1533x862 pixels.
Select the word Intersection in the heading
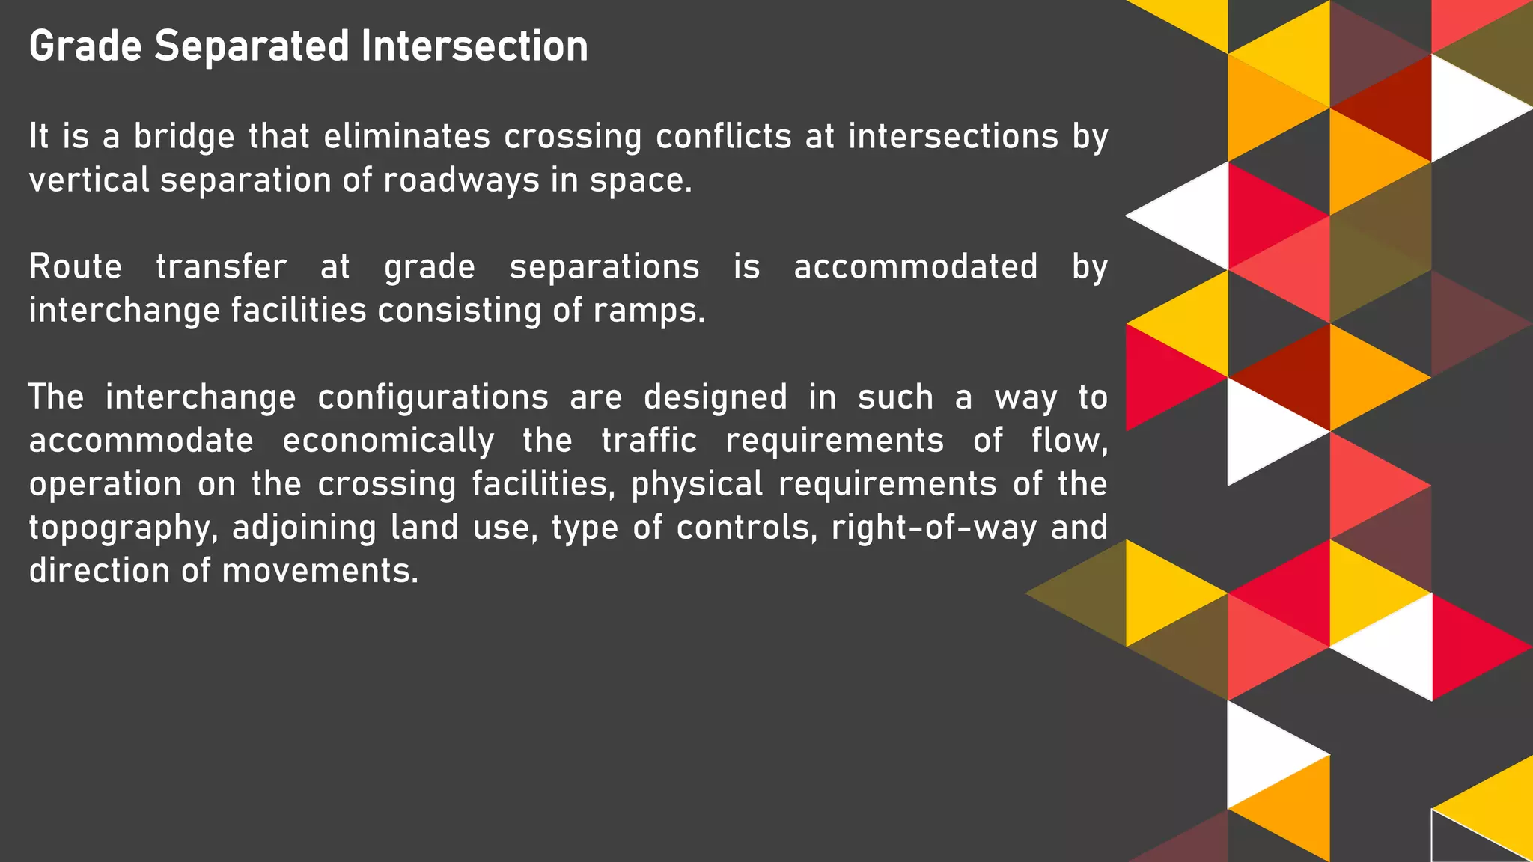click(x=475, y=46)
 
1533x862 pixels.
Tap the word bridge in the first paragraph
click(x=184, y=137)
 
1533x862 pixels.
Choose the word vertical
click(x=89, y=180)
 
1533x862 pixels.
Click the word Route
click(x=75, y=267)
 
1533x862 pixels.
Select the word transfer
click(x=221, y=267)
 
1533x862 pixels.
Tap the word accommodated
click(x=915, y=267)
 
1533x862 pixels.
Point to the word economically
click(x=388, y=441)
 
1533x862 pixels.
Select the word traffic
click(x=649, y=440)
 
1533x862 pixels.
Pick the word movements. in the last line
click(x=320, y=571)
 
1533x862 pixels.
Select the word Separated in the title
click(x=252, y=46)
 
